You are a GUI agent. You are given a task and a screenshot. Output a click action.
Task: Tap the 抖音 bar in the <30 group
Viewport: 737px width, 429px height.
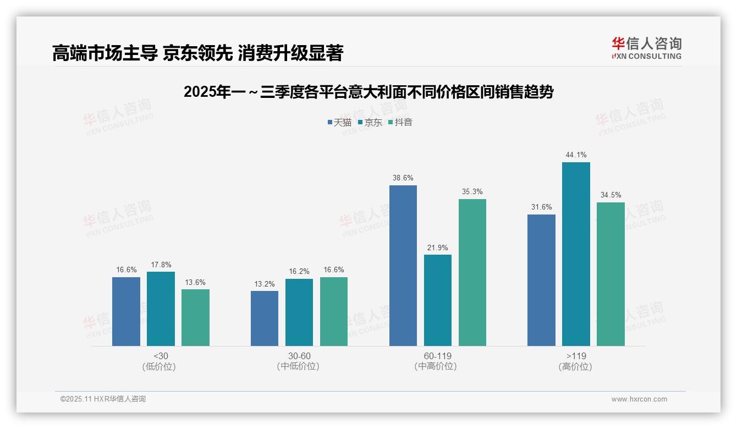195,317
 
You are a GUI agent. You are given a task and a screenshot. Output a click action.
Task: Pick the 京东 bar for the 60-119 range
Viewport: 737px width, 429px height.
438,300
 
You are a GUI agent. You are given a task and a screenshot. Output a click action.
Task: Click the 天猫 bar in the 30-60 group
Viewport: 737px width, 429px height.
265,318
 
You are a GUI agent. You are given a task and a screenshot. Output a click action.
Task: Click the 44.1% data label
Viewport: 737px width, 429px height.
576,155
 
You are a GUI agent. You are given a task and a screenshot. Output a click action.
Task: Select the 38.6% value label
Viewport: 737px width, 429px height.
403,178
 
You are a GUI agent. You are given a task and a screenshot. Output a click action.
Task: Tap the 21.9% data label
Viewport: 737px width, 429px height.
438,248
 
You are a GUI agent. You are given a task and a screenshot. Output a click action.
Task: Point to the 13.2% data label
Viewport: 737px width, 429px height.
265,284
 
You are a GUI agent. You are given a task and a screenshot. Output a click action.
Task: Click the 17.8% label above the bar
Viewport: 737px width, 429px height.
161,265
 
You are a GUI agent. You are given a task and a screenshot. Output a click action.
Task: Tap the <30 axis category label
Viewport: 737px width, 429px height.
161,356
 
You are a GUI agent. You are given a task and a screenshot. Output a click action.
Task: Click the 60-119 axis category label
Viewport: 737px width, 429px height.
438,356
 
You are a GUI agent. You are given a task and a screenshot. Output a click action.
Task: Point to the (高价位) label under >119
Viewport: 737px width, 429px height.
576,367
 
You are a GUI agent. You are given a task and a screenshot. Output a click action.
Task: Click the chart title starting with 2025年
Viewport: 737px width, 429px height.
368,92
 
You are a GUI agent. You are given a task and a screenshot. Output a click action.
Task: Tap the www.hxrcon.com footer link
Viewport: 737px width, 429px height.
639,399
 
